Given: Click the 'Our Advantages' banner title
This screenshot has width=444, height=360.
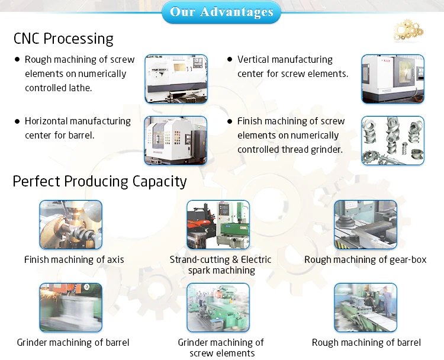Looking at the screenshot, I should (222, 12).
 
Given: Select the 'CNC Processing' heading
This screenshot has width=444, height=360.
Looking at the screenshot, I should (63, 39).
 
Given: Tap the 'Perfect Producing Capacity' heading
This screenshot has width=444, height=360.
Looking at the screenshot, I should (99, 181).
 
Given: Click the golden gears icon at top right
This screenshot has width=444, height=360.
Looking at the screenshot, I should (408, 28).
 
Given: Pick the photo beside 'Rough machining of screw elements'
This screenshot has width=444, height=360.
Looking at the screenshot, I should (176, 79).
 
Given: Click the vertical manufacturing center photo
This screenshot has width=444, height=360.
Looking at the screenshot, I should (393, 79).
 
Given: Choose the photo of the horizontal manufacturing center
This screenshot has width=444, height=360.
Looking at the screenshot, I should (176, 140).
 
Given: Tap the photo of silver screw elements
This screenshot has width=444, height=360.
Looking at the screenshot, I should (393, 140).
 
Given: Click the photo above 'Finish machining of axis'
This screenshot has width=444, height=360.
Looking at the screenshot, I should (70, 224).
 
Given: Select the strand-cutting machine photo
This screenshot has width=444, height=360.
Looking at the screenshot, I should (218, 224).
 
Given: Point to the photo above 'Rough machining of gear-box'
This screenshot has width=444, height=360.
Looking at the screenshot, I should (365, 224).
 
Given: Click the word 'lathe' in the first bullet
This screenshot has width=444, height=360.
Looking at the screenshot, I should (80, 88).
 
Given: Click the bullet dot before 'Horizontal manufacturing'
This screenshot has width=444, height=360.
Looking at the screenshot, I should (18, 121).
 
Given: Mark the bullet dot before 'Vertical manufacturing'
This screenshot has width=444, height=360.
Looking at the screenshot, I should (230, 59).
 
